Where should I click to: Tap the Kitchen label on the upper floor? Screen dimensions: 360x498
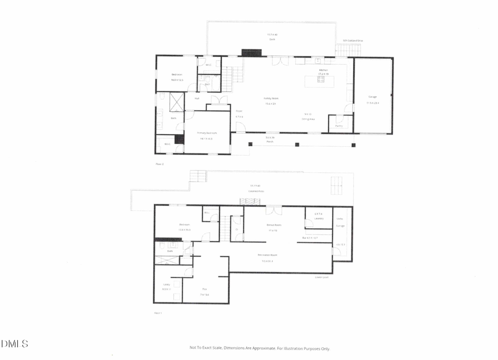(323, 70)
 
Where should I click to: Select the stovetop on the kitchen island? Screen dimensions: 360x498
(320, 79)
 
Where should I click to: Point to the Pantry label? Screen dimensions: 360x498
(339, 126)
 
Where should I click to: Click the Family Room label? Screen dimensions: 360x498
(270, 99)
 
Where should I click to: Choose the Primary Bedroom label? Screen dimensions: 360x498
(207, 133)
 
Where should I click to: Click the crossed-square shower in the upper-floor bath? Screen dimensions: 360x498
(177, 102)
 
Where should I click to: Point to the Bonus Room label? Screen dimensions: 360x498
(274, 225)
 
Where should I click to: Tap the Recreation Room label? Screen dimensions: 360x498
(267, 255)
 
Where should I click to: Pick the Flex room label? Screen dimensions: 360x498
(204, 289)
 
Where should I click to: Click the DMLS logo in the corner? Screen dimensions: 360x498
(14, 344)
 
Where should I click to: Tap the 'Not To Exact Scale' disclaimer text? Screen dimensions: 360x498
(260, 348)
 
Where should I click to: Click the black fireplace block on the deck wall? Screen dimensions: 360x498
(251, 53)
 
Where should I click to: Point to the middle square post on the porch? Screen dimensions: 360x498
(297, 145)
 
